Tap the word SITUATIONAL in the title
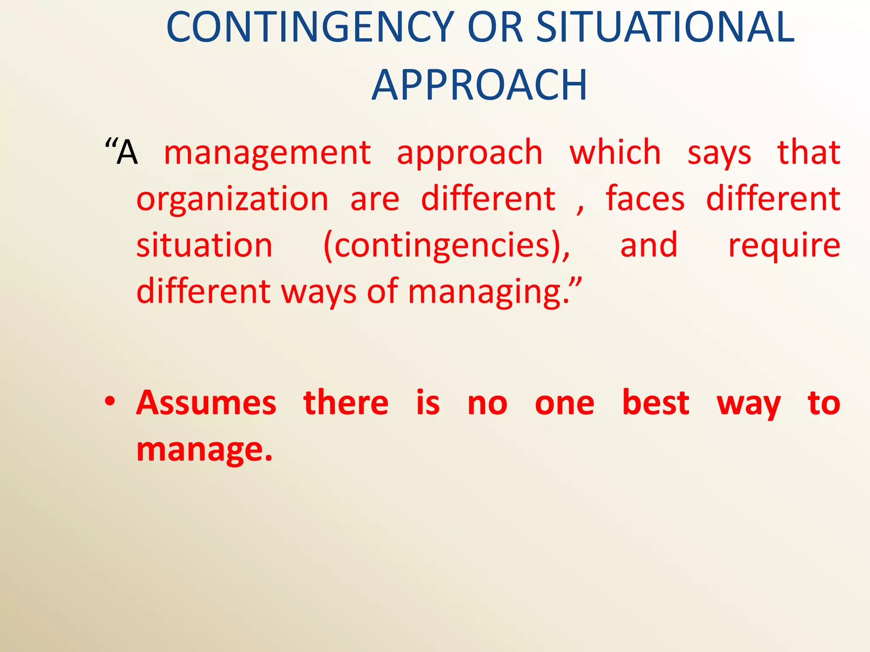pos(665,28)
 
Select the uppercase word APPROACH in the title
pos(480,85)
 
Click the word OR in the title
pos(495,28)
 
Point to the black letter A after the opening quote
pos(127,153)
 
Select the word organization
pos(232,200)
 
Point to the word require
pos(784,246)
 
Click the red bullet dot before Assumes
pos(110,401)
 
